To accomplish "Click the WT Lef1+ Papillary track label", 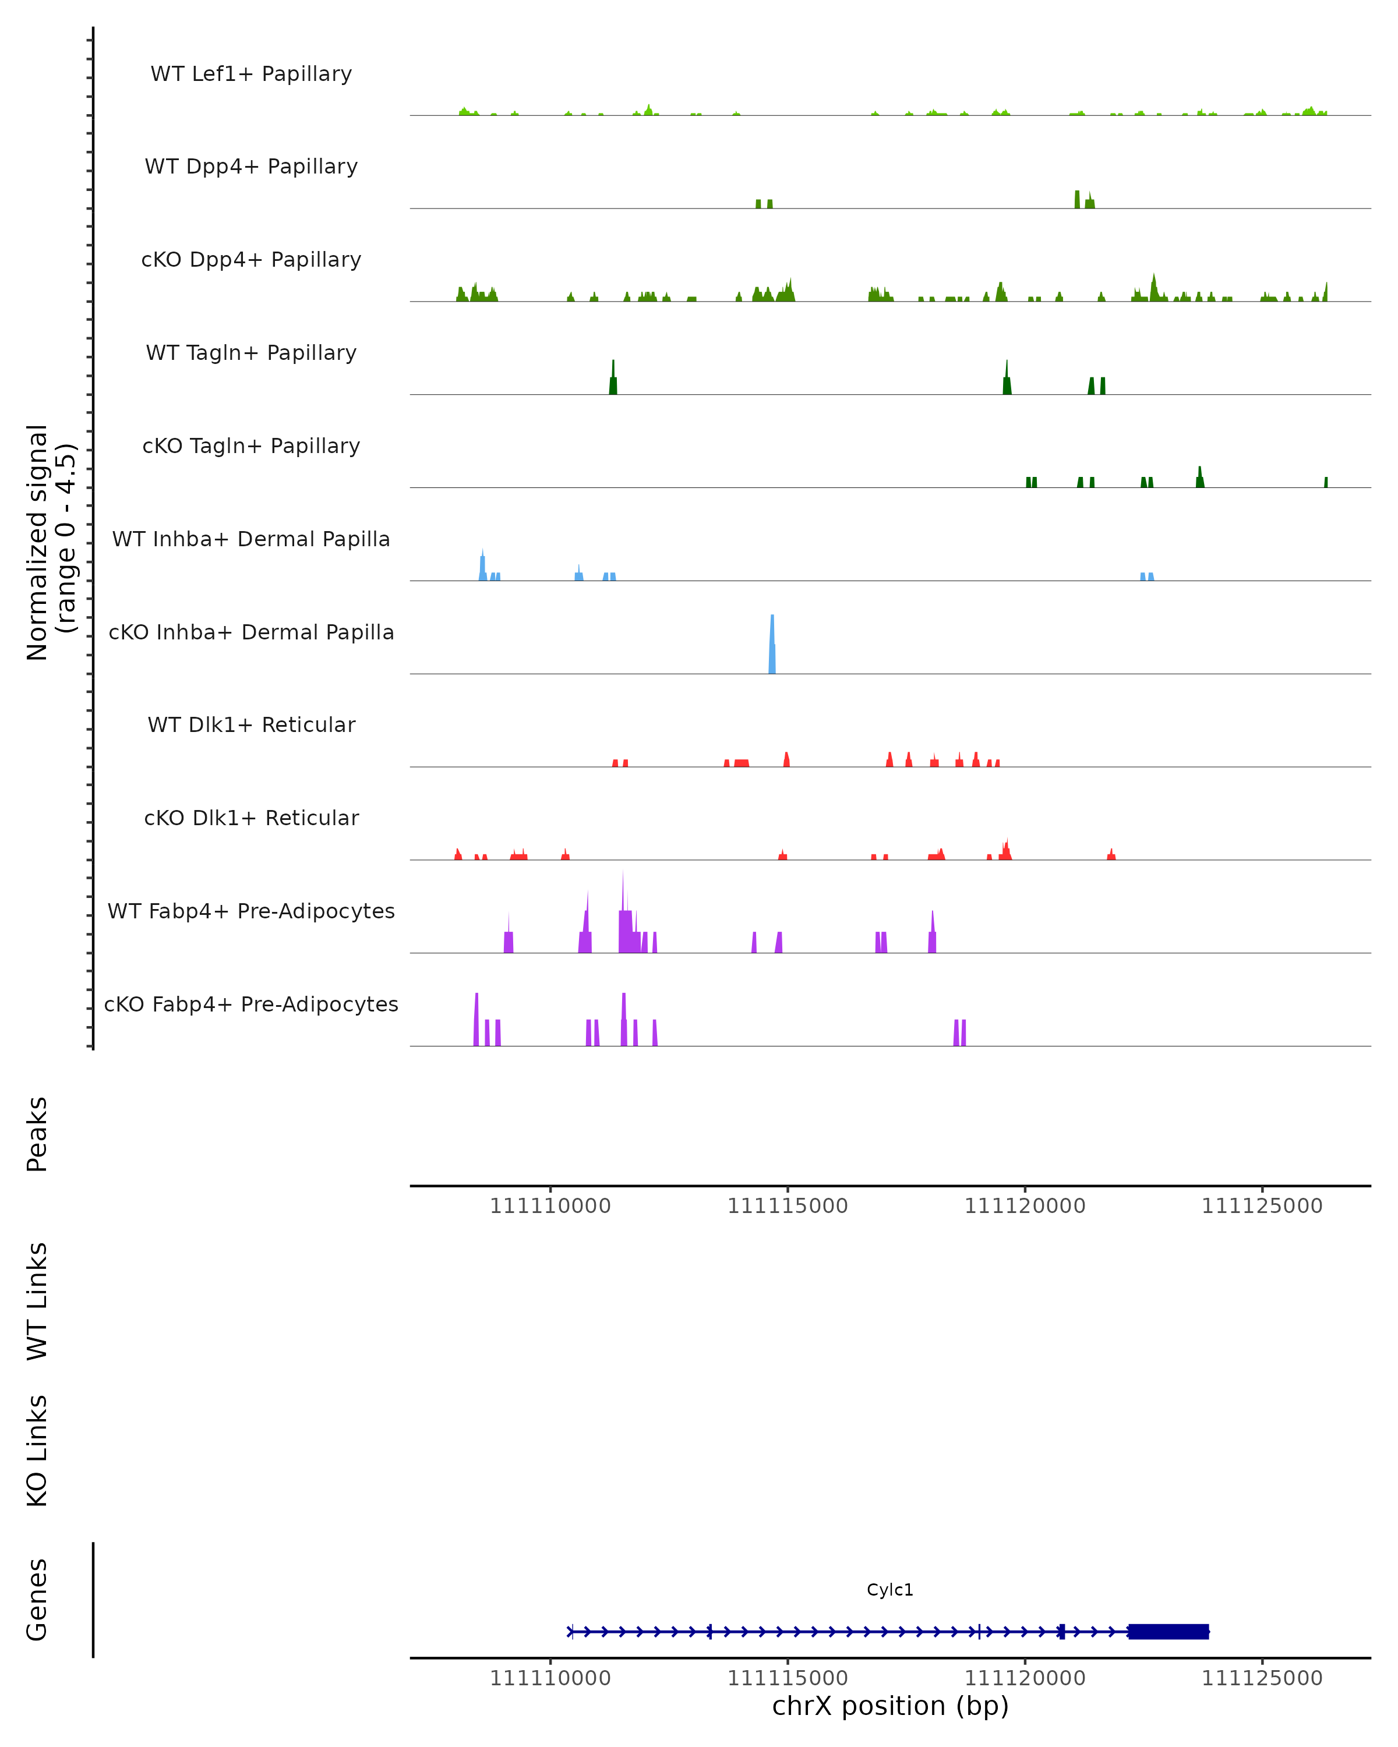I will pyautogui.click(x=251, y=74).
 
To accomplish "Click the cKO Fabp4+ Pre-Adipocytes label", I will pyautogui.click(x=251, y=1004).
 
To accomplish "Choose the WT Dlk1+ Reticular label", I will pyautogui.click(x=251, y=724).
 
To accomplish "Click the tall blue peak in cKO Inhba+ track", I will pyautogui.click(x=772, y=644).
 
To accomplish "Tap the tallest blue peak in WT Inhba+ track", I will pyautogui.click(x=482, y=565).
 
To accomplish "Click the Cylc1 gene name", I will pyautogui.click(x=890, y=1590).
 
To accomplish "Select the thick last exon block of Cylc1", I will pyautogui.click(x=1168, y=1631).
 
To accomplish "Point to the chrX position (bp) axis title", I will pyautogui.click(x=890, y=1706).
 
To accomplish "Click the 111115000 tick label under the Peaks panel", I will pyautogui.click(x=787, y=1206).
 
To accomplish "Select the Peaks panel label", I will pyautogui.click(x=37, y=1134).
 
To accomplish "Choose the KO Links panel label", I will pyautogui.click(x=37, y=1451).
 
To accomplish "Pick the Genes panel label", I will pyautogui.click(x=37, y=1600).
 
